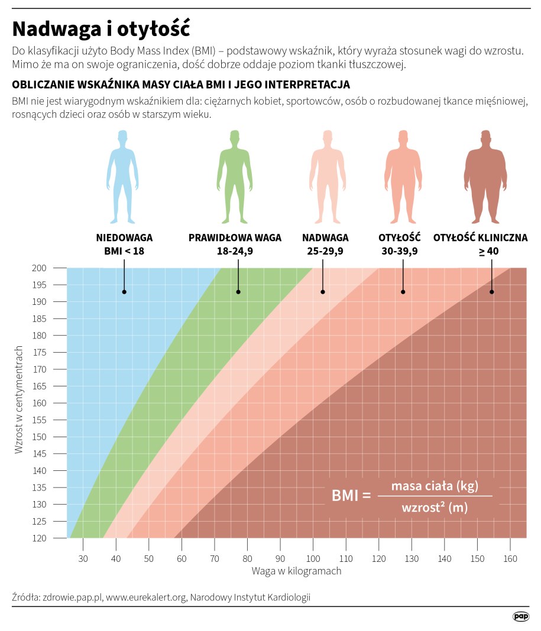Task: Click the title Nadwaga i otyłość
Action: point(101,29)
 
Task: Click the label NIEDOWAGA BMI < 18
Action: point(124,244)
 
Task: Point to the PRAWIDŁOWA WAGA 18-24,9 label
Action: point(235,244)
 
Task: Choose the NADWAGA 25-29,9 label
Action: point(325,244)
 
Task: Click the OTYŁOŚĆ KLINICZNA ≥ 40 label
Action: point(480,244)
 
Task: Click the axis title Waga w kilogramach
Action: point(296,571)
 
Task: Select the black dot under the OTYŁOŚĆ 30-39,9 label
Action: point(403,292)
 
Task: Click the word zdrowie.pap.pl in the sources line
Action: point(72,597)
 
